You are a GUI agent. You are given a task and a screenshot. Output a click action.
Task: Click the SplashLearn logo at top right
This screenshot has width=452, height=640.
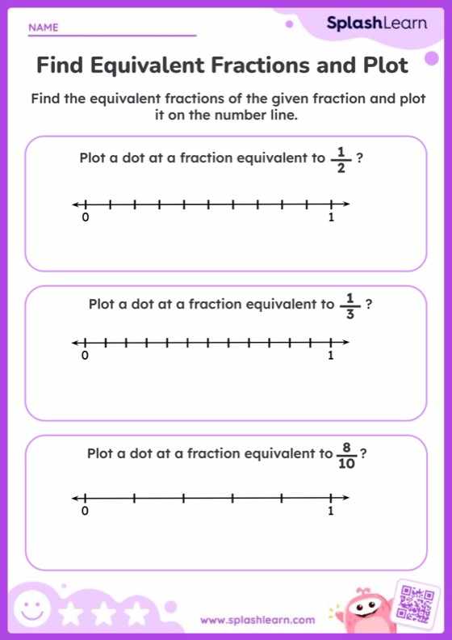tap(376, 24)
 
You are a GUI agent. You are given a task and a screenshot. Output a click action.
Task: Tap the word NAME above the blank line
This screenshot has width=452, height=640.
tap(44, 27)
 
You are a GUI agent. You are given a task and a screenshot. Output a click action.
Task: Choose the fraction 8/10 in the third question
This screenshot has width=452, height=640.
tap(347, 455)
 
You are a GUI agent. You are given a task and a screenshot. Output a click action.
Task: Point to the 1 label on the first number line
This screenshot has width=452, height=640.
tap(331, 218)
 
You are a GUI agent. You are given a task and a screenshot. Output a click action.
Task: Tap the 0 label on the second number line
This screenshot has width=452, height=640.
tap(84, 356)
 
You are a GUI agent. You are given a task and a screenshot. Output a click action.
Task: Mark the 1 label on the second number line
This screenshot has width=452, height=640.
tap(330, 356)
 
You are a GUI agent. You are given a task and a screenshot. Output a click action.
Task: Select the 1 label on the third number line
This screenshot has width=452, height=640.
tap(331, 512)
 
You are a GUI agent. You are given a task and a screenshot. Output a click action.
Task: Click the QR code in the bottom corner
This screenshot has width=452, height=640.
tap(417, 604)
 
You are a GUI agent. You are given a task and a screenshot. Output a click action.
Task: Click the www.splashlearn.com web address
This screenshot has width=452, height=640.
tap(257, 621)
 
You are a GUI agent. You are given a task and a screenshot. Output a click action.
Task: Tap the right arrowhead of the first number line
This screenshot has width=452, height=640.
tap(346, 205)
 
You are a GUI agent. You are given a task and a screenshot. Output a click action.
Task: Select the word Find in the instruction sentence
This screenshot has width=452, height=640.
tap(46, 99)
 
